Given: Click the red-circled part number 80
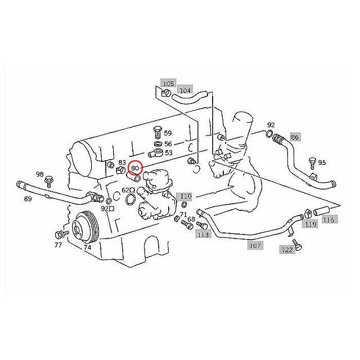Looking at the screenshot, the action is (x=135, y=168).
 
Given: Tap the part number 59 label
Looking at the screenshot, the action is (x=168, y=133).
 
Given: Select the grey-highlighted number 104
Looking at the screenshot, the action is (x=185, y=91).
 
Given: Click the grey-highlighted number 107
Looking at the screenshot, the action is (x=255, y=246).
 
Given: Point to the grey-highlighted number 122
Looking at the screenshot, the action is (x=287, y=250).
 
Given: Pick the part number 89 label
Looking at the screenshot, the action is (x=28, y=199).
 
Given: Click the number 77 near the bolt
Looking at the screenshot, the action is (x=58, y=245).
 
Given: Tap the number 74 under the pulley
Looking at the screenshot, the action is (x=88, y=247).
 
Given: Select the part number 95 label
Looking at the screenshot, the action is (x=322, y=163).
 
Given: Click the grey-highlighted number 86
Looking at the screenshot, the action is (x=295, y=137).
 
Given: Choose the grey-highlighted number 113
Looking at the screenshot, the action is (x=204, y=235).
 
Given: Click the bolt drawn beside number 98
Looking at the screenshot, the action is (x=49, y=181).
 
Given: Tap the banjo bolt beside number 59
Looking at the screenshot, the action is (x=157, y=132).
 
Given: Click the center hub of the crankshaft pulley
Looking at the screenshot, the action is (x=76, y=229).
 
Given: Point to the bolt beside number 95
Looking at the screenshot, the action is (x=313, y=164).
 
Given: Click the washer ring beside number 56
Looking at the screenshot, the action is (x=158, y=144).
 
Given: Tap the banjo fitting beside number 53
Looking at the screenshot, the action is (x=155, y=153).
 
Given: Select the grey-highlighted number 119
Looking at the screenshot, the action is (x=310, y=224).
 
